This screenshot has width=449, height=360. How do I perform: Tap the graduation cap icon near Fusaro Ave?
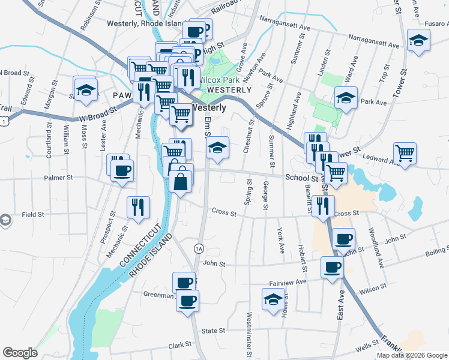click(418, 41)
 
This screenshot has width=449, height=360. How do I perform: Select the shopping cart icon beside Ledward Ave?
click(405, 152)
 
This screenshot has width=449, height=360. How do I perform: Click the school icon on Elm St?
click(217, 149)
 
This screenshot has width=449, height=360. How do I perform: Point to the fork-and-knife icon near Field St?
click(139, 207)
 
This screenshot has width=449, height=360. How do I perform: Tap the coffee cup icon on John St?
click(343, 239)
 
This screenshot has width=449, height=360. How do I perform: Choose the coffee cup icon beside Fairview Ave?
click(332, 267)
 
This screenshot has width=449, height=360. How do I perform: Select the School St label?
click(301, 178)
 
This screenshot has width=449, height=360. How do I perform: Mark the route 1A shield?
click(199, 248)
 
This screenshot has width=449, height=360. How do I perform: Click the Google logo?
click(20, 353)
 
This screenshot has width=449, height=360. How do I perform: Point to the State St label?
click(213, 331)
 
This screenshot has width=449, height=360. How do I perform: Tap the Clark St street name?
click(179, 345)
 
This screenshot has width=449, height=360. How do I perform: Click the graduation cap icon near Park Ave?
click(346, 97)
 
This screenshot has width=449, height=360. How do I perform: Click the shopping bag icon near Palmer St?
click(181, 179)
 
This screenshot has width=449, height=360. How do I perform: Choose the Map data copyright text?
click(412, 355)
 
